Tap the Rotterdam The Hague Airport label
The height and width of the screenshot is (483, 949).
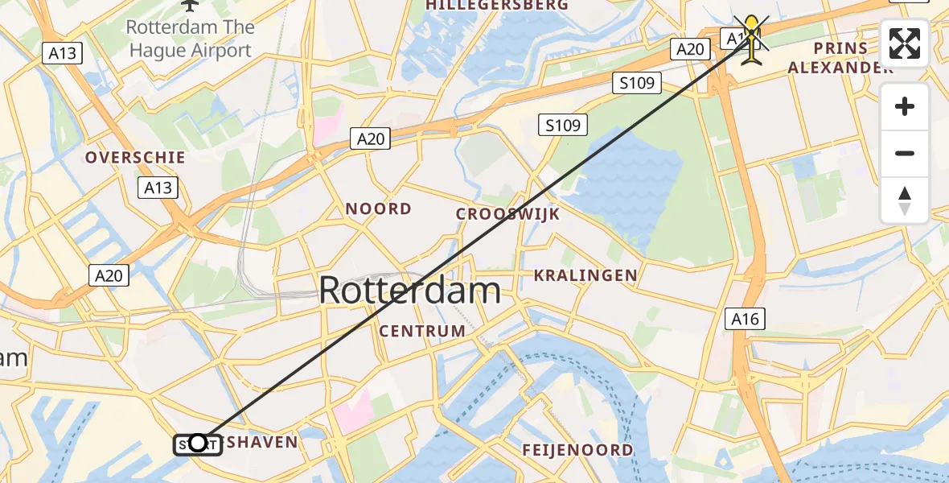click(x=189, y=39)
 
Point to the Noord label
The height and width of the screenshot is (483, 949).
click(x=378, y=209)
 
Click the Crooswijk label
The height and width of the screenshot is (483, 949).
click(x=507, y=214)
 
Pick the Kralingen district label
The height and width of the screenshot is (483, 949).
click(x=585, y=275)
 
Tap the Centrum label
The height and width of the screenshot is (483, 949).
click(x=422, y=331)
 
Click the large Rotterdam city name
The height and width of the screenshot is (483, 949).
click(x=410, y=291)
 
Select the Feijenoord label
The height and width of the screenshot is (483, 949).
click(x=577, y=450)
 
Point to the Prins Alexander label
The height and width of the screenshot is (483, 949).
click(x=840, y=58)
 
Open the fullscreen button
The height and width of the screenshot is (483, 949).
click(x=905, y=43)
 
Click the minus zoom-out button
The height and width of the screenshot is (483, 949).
click(x=905, y=153)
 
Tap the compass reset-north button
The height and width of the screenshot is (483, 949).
click(x=905, y=200)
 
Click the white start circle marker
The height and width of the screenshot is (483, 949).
click(x=198, y=443)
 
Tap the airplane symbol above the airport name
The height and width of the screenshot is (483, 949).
click(x=189, y=5)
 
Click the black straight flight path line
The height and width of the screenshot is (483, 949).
click(x=474, y=242)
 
